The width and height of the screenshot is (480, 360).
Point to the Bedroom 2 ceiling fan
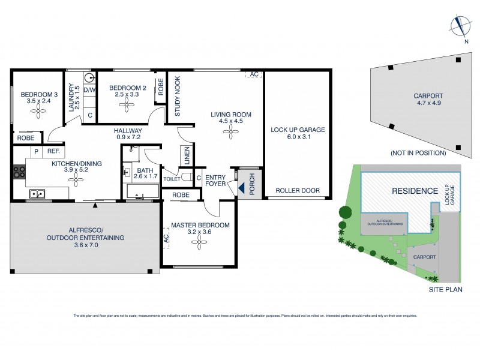[127, 104]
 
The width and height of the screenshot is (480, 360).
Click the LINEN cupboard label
[187, 156]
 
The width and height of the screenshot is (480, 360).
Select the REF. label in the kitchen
[53, 152]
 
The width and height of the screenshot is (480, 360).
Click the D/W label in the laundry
[90, 90]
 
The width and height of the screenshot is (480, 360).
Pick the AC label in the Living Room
[254, 74]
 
